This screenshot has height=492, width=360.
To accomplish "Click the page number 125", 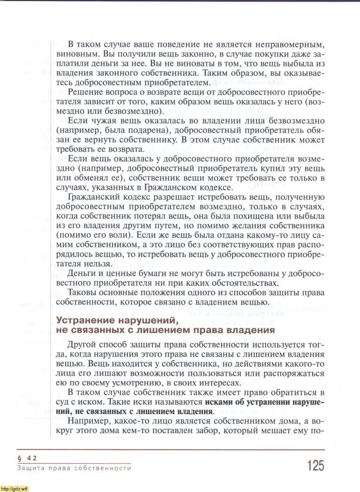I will point(315,465).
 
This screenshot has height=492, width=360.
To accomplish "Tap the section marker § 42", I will point(27,458).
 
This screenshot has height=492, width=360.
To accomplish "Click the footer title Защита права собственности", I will point(74,468).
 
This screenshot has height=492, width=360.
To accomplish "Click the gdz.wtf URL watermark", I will point(14,489).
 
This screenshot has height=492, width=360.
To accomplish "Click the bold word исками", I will point(218,402).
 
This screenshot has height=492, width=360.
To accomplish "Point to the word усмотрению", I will point(134,383).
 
